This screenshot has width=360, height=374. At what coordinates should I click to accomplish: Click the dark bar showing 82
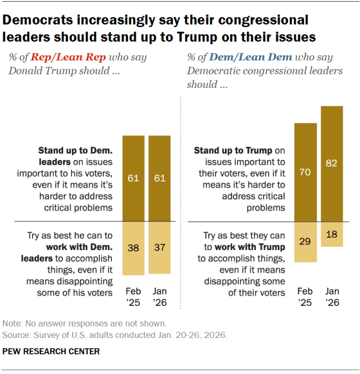[332, 163]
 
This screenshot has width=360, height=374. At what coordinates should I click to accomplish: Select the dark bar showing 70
[305, 172]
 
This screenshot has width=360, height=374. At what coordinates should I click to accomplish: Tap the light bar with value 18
[332, 234]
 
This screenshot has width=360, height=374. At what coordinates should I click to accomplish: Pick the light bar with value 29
[305, 242]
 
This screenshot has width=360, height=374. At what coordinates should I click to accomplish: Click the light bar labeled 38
[134, 248]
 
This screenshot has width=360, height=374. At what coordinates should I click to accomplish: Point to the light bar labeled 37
[160, 248]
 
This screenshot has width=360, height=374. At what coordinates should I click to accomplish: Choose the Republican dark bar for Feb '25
[134, 179]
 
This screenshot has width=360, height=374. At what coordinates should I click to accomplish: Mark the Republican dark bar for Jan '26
[160, 179]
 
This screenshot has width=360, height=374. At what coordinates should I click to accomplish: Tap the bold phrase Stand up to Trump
[233, 151]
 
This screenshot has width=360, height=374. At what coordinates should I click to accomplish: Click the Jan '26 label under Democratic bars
[332, 297]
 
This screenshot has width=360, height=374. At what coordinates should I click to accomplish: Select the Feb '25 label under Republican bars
[134, 297]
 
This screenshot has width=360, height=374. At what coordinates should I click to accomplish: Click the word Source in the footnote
[16, 335]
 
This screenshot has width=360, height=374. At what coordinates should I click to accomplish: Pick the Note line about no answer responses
[84, 324]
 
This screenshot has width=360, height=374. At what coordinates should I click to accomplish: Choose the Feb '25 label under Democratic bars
[305, 297]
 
